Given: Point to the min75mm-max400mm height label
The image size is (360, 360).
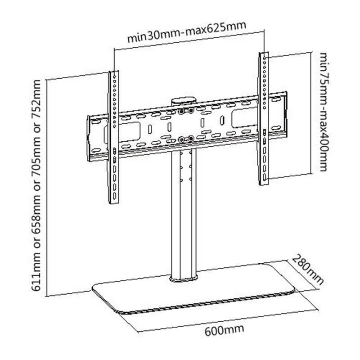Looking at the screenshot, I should pos(324,112).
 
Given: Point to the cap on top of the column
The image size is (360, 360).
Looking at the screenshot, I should pos(184,98).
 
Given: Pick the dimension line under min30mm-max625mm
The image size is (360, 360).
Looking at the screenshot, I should pos(189,42).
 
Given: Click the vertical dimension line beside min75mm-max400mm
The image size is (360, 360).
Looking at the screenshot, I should pos(311,112).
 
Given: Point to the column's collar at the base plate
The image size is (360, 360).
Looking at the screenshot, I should pos(184,278).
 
